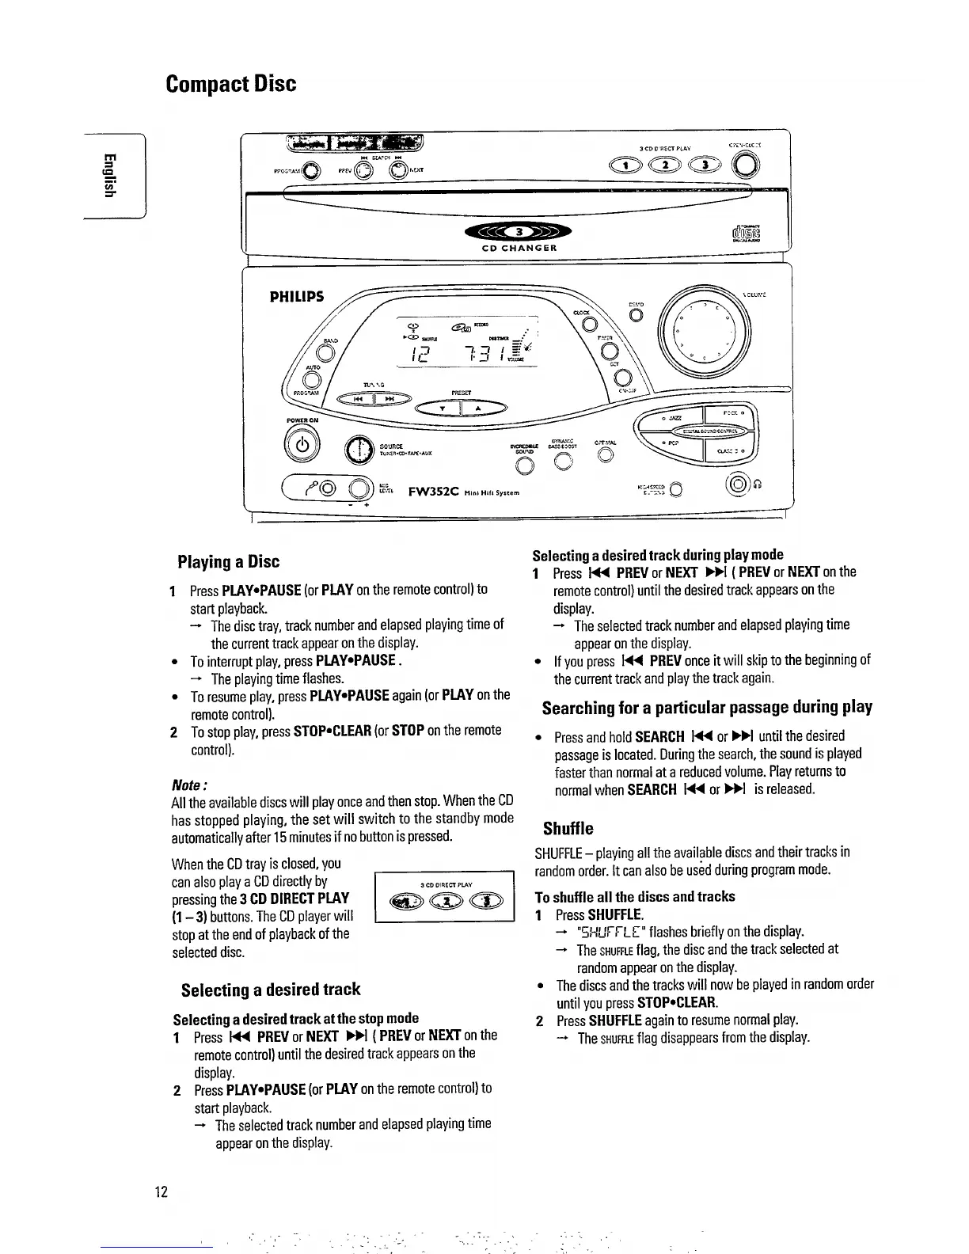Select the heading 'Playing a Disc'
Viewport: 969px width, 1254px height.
228,562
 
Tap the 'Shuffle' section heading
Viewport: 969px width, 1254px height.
568,829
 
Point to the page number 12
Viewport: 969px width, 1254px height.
161,1192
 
